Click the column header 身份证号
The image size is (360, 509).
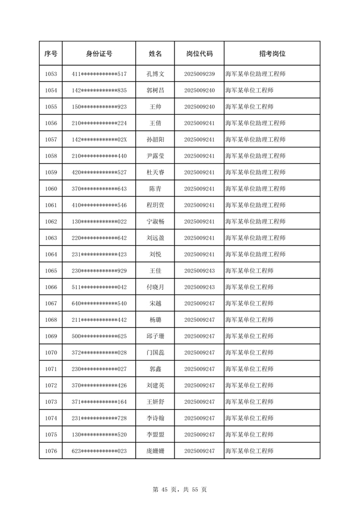point(99,54)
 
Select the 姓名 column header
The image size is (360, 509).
point(155,54)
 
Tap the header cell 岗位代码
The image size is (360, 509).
point(199,54)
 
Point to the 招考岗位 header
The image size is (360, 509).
point(272,54)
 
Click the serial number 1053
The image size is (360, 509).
point(50,74)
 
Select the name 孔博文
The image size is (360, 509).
point(155,74)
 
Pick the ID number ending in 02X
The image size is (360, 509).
point(99,140)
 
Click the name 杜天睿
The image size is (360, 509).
point(155,172)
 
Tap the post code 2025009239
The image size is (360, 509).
point(199,74)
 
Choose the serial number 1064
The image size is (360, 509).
point(50,254)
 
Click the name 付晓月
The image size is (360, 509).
point(155,287)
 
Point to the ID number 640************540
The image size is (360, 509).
point(99,304)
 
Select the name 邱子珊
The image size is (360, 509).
point(155,336)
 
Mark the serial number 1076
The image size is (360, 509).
point(50,451)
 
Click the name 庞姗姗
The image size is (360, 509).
point(155,451)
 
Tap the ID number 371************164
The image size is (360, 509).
point(99,402)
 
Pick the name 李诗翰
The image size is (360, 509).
point(155,418)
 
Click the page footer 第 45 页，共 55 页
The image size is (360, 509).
point(179,490)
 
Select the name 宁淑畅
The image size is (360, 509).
point(155,222)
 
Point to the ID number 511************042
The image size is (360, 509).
point(99,287)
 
